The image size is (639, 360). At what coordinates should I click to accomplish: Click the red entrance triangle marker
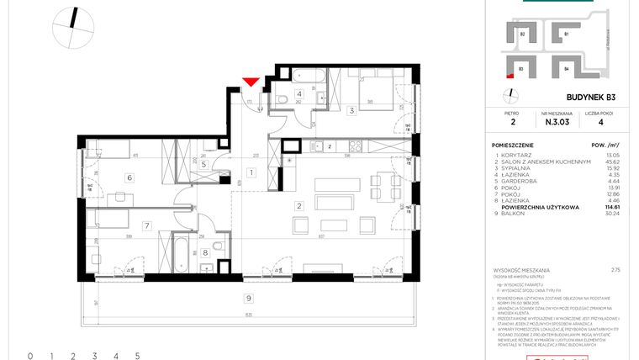pos(250,82)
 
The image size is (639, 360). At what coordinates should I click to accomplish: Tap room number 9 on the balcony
pos(248,298)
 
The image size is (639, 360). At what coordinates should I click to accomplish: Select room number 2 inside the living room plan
pos(298,205)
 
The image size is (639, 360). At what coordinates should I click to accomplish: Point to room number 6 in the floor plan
pos(129,177)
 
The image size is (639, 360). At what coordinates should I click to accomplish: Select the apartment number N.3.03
pos(555,120)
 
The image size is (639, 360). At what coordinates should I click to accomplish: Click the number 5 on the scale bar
pos(137,357)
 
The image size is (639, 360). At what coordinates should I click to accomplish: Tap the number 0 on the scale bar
pos(29,357)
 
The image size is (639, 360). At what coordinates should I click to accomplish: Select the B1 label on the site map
pos(567,34)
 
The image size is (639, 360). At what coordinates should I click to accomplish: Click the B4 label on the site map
pos(567,67)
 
